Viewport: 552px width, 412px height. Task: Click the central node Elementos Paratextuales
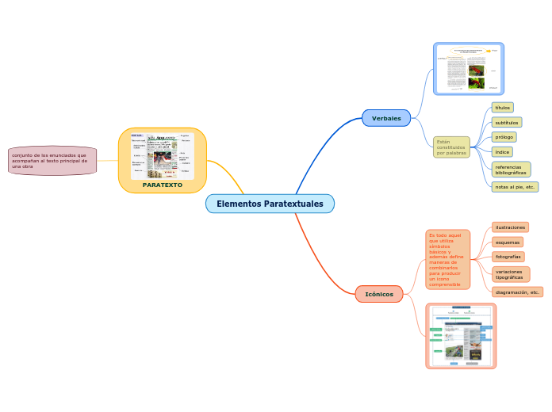point(270,204)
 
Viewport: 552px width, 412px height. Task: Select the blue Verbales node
point(386,118)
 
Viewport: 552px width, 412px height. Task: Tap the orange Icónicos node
point(379,294)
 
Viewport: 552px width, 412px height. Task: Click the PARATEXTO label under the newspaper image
point(163,185)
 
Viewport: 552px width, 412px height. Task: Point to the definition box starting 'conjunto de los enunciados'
point(52,161)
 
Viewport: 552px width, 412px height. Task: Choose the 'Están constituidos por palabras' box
point(451,147)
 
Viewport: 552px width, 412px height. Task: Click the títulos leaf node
point(502,107)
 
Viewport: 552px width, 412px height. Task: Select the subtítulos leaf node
point(506,123)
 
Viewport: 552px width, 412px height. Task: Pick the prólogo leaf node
point(504,137)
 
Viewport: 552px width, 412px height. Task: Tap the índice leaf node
point(502,151)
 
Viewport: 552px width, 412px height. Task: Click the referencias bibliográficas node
point(511,170)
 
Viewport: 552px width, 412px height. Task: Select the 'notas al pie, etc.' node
point(515,187)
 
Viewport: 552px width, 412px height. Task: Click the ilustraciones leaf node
point(510,227)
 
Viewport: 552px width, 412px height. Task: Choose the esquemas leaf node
point(507,242)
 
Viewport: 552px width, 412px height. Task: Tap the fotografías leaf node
point(508,257)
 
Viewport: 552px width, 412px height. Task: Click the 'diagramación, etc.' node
point(517,292)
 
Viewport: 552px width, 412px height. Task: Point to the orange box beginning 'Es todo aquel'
point(447,259)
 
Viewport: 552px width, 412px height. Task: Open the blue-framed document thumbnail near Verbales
point(469,68)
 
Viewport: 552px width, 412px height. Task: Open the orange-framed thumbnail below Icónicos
point(461,335)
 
